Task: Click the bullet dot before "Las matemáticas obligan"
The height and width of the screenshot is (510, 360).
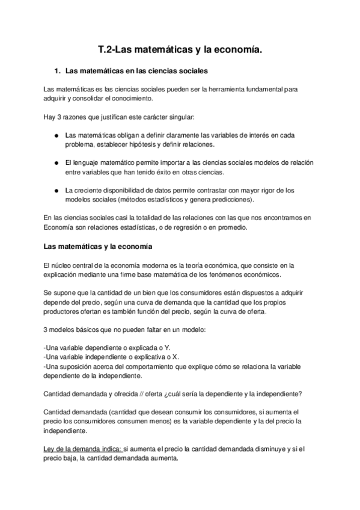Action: pyautogui.click(x=56, y=135)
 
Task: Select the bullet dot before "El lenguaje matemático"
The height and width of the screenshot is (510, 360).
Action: pyautogui.click(x=56, y=163)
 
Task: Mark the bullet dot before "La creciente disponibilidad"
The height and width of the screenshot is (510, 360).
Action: pyautogui.click(x=56, y=191)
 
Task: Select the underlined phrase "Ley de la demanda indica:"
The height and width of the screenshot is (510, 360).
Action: pyautogui.click(x=82, y=448)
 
